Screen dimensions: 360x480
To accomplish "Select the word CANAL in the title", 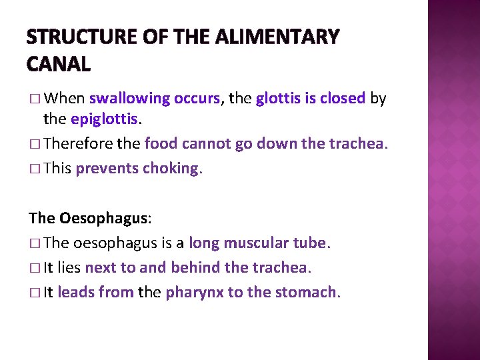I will [x=59, y=64].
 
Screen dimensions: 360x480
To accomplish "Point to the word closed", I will [x=342, y=99].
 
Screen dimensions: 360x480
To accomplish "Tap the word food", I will [x=159, y=143].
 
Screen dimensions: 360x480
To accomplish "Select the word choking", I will [x=171, y=168].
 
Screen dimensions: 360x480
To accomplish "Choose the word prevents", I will [x=107, y=168].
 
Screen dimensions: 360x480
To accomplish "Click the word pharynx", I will [x=194, y=292].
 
